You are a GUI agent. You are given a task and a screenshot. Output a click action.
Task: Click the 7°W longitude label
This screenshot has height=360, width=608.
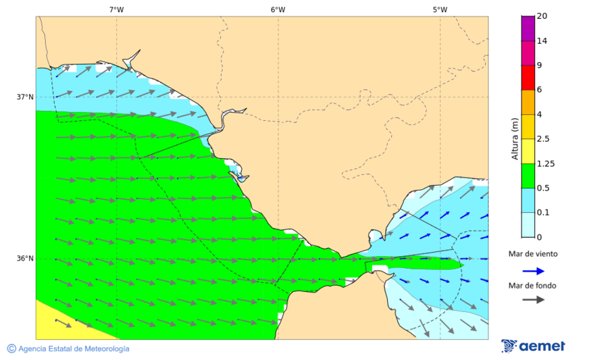pos(116,9)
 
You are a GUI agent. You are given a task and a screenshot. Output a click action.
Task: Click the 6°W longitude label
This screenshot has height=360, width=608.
pos(278,9)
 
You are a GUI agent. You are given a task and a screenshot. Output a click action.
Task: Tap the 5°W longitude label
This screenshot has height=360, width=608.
pos(440,9)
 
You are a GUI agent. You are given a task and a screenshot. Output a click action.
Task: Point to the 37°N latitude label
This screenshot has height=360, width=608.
pos(25,97)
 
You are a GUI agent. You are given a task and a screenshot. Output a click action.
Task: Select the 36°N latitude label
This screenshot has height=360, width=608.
pos(25,258)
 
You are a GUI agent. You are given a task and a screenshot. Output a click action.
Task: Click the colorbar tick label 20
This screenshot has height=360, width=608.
pos(542,16)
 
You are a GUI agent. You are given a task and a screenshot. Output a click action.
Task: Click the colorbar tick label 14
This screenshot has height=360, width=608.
pos(542,41)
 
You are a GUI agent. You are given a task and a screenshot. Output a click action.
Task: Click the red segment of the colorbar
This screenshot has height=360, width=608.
pos(528,77)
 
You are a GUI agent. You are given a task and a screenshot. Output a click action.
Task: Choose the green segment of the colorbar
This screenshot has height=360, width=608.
pos(528,176)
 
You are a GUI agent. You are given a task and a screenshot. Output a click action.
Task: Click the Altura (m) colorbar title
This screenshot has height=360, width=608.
pos(515,138)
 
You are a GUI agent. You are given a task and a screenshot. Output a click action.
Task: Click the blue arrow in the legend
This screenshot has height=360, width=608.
pos(533,271)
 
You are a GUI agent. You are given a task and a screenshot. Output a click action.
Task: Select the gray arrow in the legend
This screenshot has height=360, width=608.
pos(533,299)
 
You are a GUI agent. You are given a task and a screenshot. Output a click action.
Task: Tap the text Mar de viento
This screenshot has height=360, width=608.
pos(533,254)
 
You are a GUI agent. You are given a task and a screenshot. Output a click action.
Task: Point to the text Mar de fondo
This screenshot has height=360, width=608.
pos(533,286)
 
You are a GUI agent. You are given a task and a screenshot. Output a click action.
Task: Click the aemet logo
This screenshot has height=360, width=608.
pos(533,346)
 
